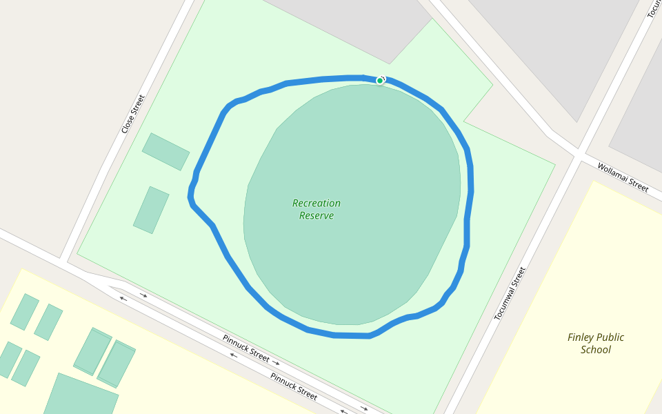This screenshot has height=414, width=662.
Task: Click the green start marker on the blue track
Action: [379, 81]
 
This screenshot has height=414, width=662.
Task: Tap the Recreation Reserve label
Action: [317, 209]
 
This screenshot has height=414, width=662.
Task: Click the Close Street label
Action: [133, 114]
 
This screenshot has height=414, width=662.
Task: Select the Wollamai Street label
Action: [623, 177]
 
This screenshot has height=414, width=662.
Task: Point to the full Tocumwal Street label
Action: [510, 293]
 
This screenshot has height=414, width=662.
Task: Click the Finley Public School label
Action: [596, 343]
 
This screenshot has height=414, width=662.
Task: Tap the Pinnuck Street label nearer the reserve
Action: [245, 348]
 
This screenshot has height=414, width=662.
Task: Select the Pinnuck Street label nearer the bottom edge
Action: [294, 386]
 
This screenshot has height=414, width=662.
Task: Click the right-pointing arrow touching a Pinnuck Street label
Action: [275, 362]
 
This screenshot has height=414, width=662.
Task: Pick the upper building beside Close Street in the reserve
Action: [165, 151]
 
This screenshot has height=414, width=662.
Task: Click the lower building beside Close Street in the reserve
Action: [151, 210]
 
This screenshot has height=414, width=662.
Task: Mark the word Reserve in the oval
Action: [317, 216]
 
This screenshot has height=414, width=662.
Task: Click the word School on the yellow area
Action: [596, 350]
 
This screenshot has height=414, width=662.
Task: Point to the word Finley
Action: [581, 337]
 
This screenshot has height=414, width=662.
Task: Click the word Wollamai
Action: [613, 172]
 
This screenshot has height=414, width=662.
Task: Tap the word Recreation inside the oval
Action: [317, 204]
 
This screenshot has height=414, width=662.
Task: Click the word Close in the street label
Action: [128, 124]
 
